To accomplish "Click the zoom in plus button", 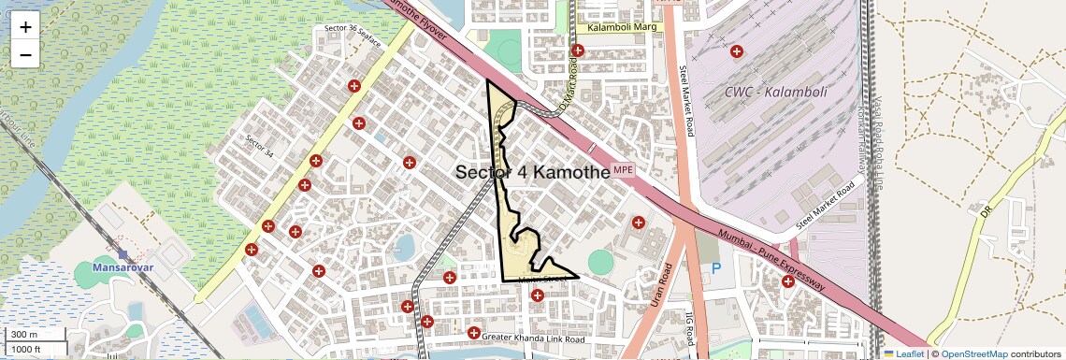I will pos(25,27).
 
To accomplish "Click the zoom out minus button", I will pos(25,54).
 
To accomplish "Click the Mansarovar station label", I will pos(122,267).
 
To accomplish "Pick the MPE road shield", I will pos(623,170).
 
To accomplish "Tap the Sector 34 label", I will pos(259,146).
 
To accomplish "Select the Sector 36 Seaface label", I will pos(353,35).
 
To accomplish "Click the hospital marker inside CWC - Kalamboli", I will pos(737,50).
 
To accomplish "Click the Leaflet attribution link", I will pos(904,353).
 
